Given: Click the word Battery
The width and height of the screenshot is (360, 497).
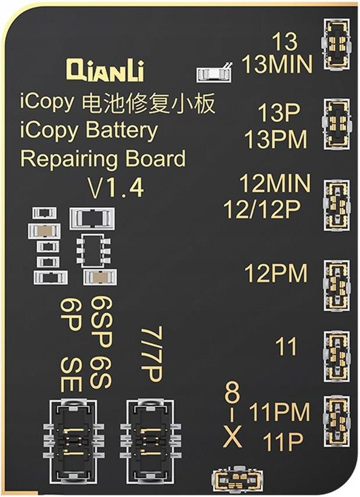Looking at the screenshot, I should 121,131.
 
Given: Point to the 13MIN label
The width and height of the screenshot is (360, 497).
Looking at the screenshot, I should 277,64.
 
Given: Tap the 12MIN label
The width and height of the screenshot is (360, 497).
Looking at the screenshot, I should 275,184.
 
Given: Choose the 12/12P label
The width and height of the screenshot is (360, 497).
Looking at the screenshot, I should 262,210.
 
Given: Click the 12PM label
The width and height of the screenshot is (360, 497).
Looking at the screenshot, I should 275,273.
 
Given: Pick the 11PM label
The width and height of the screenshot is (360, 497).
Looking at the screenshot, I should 279,413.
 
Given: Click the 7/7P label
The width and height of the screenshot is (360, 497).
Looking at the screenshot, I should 151,354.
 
